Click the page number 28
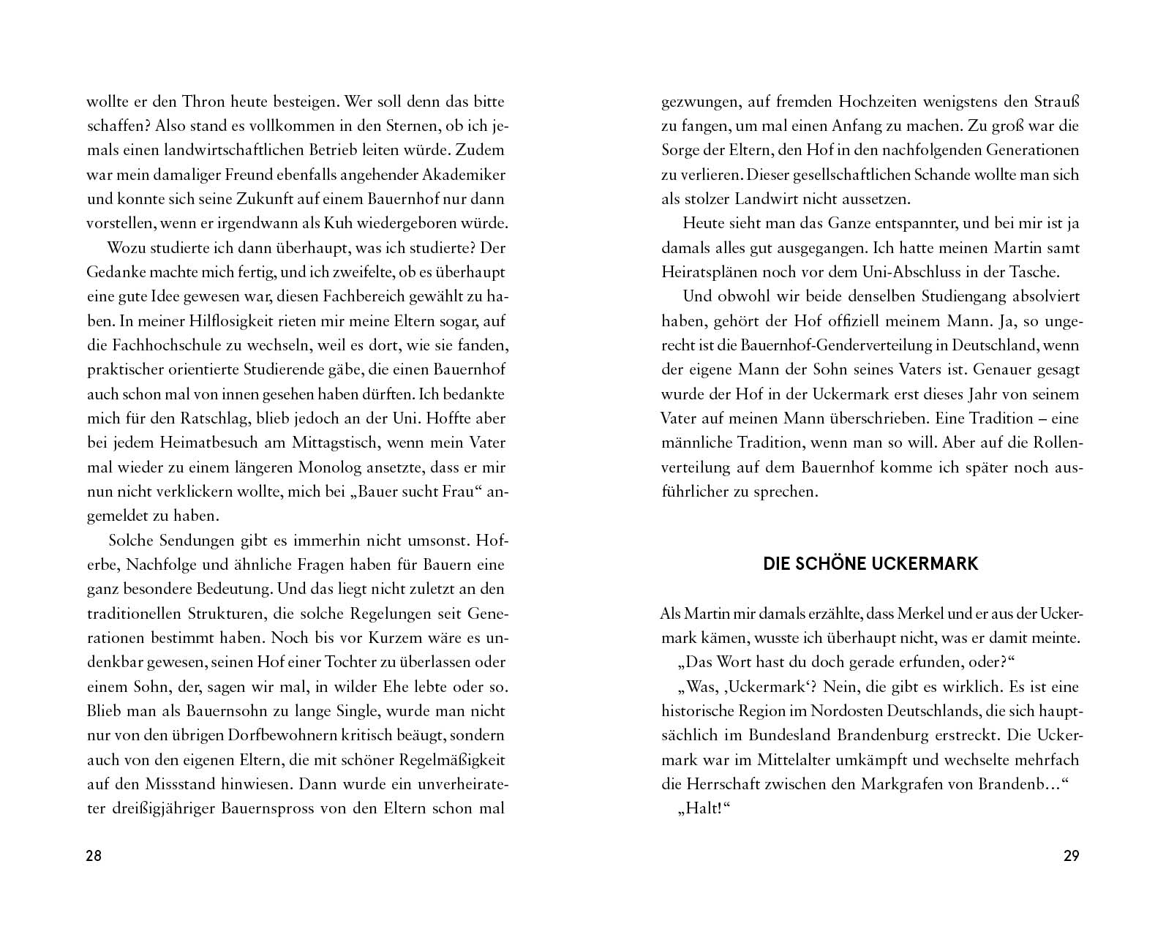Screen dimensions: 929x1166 pyautogui.click(x=94, y=857)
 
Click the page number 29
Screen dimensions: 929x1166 pyautogui.click(x=1071, y=857)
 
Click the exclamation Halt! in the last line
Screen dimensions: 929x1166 pyautogui.click(x=706, y=809)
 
